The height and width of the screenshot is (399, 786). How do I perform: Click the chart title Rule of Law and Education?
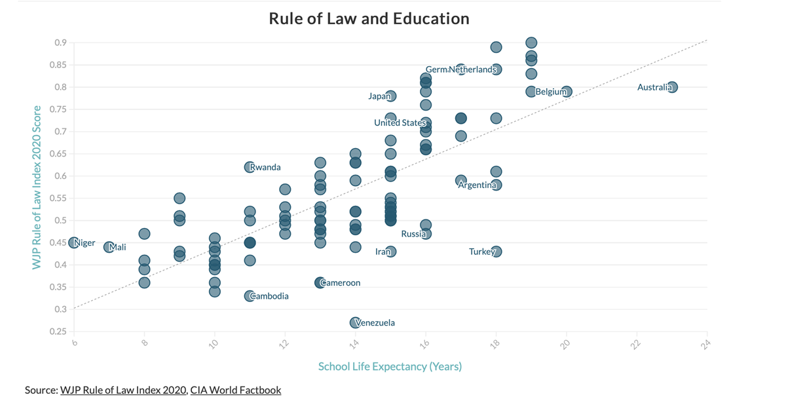pos(369,18)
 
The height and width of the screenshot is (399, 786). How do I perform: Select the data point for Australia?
pos(672,87)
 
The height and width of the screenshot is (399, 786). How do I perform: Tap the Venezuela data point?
pos(355,322)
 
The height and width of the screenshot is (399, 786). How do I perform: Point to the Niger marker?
pos(74,243)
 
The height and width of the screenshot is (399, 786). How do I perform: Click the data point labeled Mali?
pos(109,247)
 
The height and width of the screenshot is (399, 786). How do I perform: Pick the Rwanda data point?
pos(250,167)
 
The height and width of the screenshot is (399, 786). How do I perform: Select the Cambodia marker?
pos(250,296)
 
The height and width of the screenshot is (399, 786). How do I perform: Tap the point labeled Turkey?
pos(496,252)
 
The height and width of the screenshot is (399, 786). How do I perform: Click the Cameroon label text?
pos(341,283)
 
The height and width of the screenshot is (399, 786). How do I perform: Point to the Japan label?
pos(379,96)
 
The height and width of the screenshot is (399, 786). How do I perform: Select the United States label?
pos(400,123)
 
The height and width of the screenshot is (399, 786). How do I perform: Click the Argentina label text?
pos(477,185)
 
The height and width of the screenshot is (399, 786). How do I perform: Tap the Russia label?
pos(413,234)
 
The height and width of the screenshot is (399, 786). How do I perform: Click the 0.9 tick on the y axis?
pos(60,43)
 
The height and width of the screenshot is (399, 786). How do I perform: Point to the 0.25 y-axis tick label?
pos(58,332)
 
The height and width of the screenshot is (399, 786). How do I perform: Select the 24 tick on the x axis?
pos(705,344)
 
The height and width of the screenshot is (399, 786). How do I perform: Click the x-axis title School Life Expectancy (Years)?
pos(390,366)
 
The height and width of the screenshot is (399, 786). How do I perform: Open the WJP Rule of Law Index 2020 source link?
pos(123,390)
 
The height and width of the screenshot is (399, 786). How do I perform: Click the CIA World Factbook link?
pos(236,390)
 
